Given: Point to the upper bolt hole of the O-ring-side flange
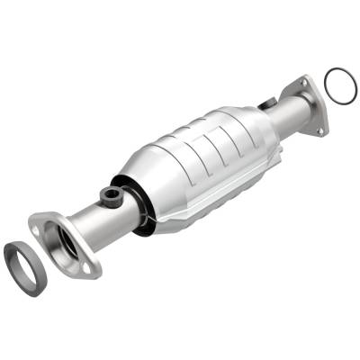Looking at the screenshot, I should [304, 83].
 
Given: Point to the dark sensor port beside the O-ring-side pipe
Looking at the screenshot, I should [266, 105].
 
